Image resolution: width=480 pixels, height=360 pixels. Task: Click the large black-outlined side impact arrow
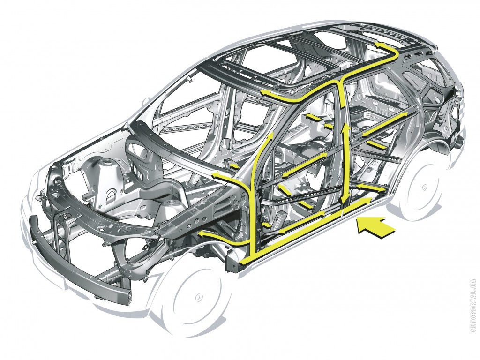pos(376,226)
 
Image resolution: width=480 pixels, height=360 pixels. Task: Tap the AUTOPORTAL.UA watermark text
pos(474,305)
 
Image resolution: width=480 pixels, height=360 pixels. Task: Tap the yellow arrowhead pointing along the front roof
pos(265,93)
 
